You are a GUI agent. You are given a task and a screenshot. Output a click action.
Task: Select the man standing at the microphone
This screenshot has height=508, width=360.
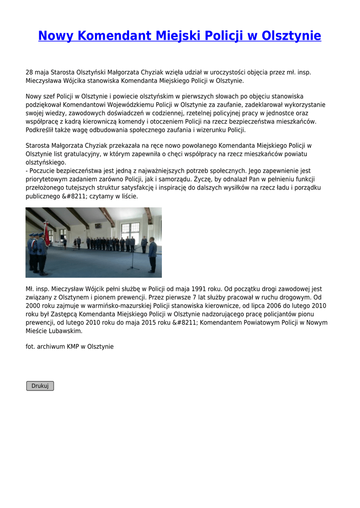152,255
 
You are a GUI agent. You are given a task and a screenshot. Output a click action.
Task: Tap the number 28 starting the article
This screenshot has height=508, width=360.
29,72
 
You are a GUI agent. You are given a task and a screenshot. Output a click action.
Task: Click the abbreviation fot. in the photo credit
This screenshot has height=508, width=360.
30,346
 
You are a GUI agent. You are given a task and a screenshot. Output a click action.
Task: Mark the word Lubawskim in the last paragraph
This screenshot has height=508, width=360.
65,331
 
